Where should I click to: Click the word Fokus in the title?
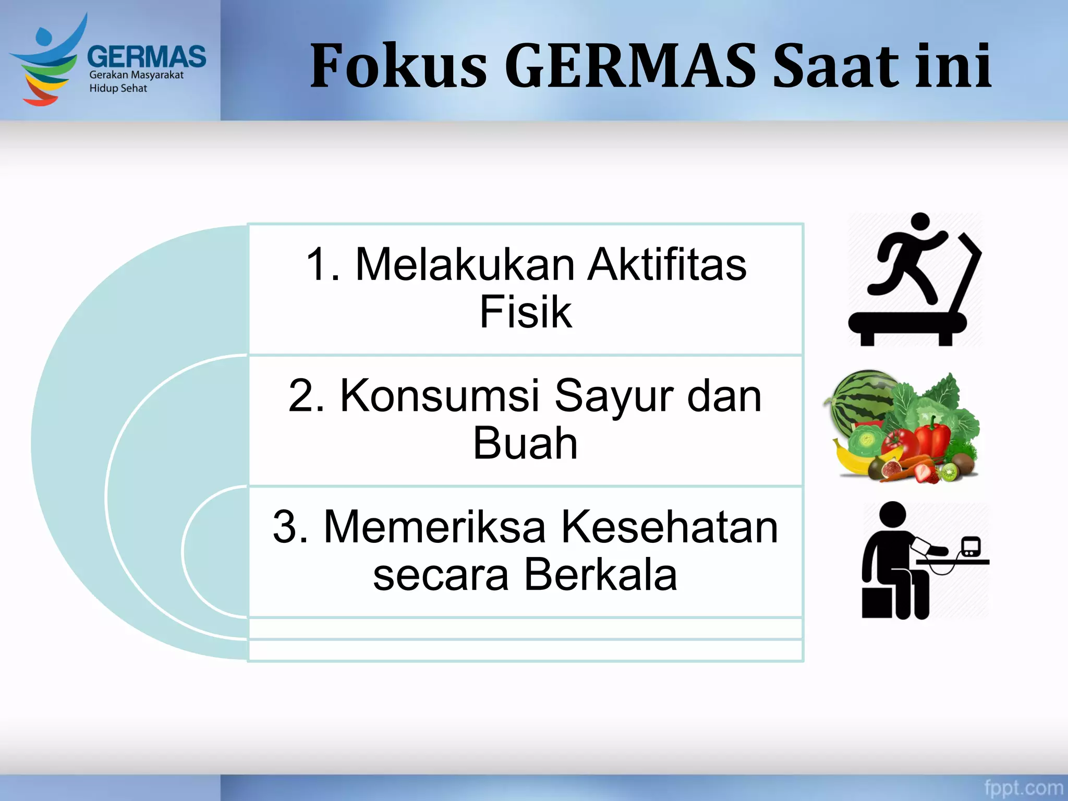(398, 66)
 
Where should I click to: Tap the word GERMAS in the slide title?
(630, 66)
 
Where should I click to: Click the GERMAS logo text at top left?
(147, 56)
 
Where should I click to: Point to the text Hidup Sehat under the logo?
(118, 88)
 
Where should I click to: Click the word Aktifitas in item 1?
(667, 264)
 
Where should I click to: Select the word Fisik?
(525, 312)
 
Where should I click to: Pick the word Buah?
(525, 443)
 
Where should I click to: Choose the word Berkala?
(600, 575)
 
